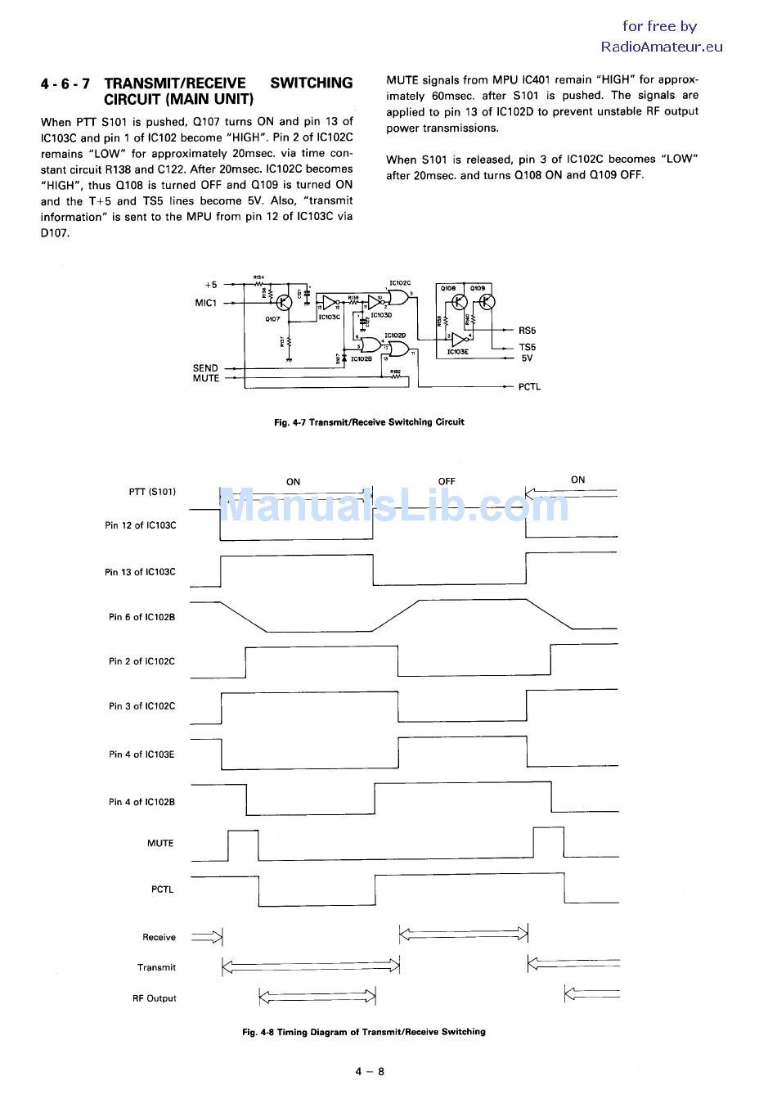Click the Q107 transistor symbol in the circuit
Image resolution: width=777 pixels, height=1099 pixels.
click(284, 303)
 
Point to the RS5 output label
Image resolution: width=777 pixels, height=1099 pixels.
click(528, 331)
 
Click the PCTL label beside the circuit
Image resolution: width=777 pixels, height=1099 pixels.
click(529, 387)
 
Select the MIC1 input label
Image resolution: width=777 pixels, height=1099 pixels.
click(206, 303)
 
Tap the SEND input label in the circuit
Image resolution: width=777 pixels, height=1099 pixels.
click(205, 368)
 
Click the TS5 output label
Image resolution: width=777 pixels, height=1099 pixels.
click(528, 347)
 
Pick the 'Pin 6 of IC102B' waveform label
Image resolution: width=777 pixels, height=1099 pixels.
click(141, 617)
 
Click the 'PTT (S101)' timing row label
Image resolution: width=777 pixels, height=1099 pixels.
click(152, 492)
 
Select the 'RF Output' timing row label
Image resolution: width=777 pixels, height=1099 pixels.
click(155, 998)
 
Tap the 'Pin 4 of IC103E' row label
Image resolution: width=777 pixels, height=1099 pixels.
click(141, 754)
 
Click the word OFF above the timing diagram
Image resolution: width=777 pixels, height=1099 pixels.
click(447, 481)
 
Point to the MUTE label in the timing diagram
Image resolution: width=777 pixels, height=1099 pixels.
click(160, 843)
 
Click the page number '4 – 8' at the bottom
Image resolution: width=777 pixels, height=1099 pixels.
click(370, 1071)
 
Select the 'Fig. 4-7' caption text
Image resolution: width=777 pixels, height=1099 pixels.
click(370, 422)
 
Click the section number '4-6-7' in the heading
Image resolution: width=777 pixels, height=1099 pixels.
click(65, 83)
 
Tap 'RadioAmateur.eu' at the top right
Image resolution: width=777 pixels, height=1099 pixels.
click(662, 47)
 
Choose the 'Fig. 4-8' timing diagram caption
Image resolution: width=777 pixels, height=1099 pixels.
click(364, 1032)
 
